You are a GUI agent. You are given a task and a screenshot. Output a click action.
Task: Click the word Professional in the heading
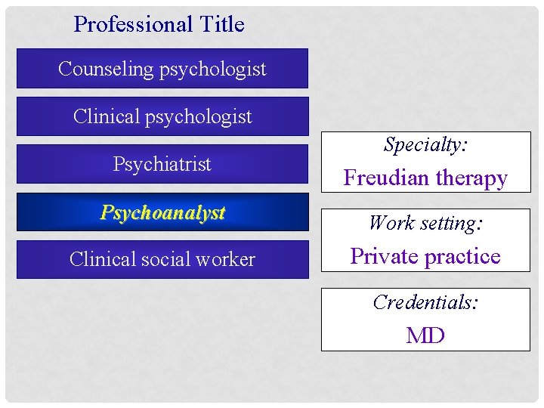[123, 24]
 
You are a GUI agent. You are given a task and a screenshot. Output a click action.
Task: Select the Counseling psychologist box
[162, 69]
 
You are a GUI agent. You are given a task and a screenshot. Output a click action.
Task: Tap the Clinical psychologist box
[162, 116]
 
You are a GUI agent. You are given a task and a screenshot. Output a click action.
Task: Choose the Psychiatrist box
[162, 164]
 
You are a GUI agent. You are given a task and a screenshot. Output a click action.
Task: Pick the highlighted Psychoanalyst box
[162, 212]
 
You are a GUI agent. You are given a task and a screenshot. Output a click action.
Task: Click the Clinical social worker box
[162, 259]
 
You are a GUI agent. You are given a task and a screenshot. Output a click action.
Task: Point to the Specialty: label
[425, 144]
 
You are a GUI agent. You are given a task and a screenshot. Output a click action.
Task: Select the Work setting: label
[425, 223]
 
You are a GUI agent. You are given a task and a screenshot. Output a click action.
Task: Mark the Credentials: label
[425, 302]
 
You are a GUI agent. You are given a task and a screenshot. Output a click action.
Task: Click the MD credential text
[425, 335]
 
